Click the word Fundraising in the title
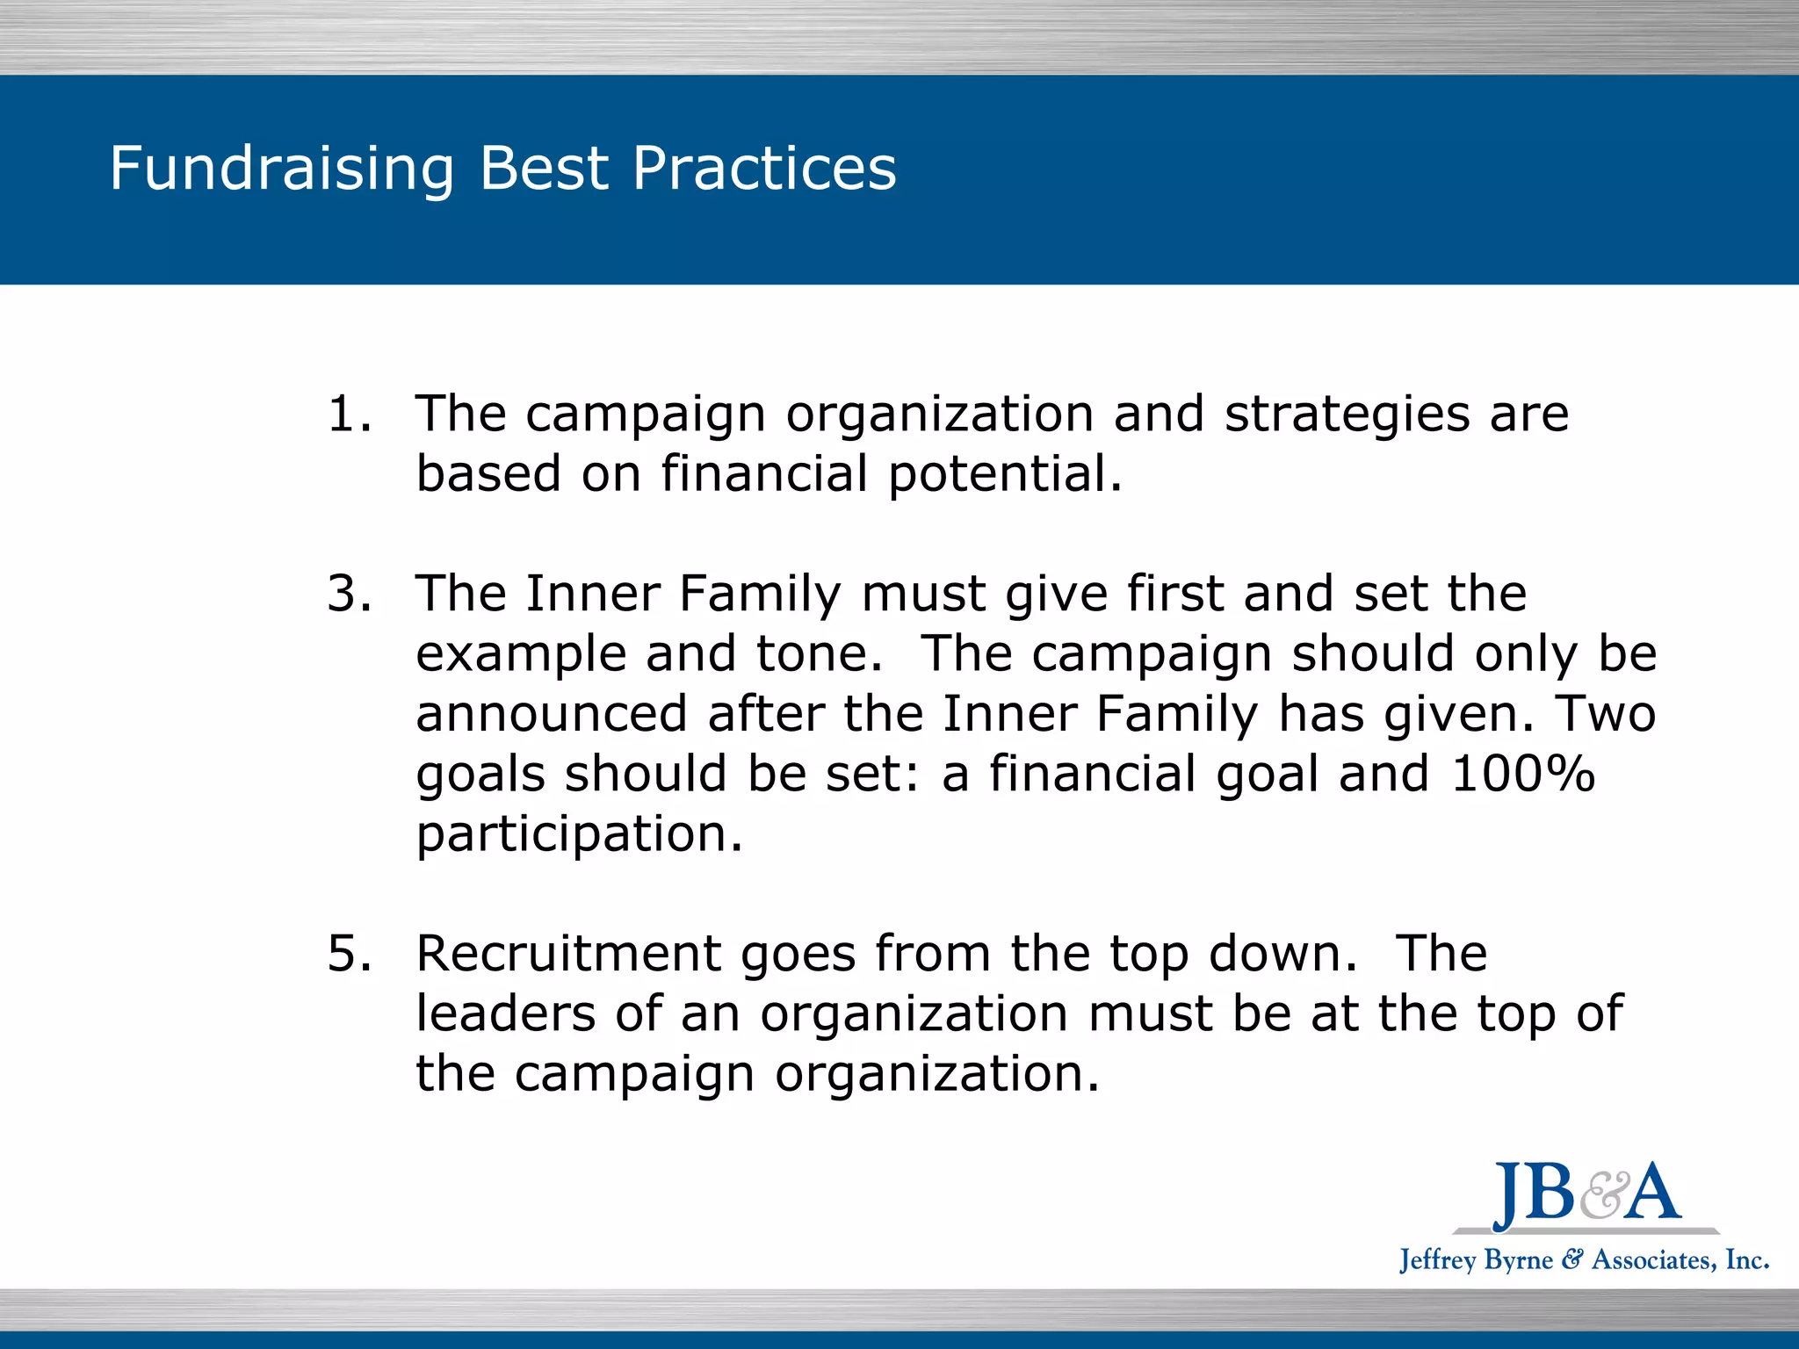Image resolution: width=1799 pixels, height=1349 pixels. tap(282, 169)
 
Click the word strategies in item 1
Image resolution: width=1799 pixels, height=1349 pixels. tap(1347, 415)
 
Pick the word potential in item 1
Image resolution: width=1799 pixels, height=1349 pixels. tap(1004, 475)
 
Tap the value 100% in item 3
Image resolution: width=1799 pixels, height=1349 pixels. tap(1522, 775)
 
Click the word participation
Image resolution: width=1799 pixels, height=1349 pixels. tap(579, 834)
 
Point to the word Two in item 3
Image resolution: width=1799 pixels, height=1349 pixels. tap(1606, 714)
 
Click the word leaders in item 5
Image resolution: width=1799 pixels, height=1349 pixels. tap(505, 1014)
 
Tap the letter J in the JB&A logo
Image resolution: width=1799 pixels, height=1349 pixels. tap(1508, 1196)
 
